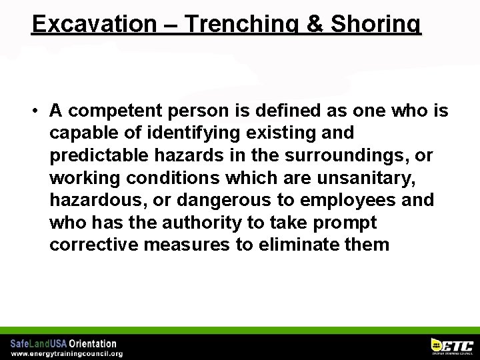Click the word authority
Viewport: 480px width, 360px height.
(x=193, y=222)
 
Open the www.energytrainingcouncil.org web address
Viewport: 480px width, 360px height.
(x=67, y=353)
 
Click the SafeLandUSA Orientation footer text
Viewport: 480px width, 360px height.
(x=63, y=343)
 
